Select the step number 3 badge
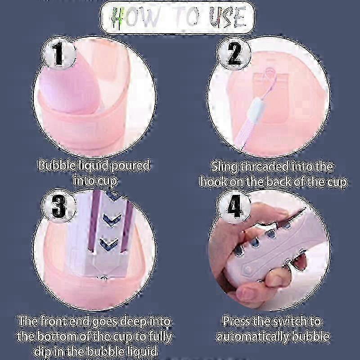coord(58,206)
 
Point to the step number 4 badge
coord(234,206)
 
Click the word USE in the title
coord(227,17)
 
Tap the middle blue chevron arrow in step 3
coord(112,219)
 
